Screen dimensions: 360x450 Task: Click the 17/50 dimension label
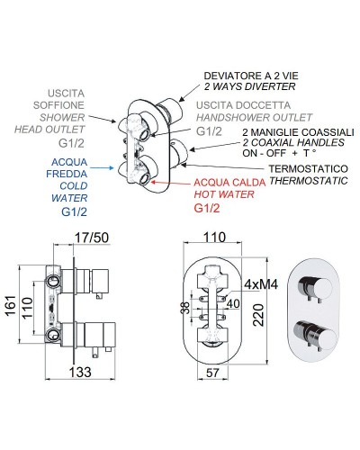[x=92, y=238]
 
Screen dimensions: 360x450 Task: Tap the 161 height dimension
[x=11, y=305]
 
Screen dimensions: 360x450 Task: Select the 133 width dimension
[x=80, y=373]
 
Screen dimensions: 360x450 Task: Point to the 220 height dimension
[x=258, y=315]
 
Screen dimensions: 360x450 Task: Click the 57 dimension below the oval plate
[x=212, y=373]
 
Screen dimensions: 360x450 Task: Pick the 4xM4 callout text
[x=261, y=284]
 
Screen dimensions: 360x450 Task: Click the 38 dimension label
[x=186, y=308]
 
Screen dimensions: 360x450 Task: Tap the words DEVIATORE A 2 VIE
[x=251, y=76]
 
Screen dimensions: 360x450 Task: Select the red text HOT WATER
[x=224, y=194]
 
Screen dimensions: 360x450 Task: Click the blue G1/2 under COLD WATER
[x=74, y=212]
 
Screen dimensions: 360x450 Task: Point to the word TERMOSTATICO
[x=308, y=169]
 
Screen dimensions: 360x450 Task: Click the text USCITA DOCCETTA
[x=243, y=105]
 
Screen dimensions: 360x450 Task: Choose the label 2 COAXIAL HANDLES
[x=293, y=142]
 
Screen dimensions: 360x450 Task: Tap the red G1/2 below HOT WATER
[x=207, y=208]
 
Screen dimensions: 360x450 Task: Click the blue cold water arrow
[x=102, y=168]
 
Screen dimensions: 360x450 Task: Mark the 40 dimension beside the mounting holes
[x=233, y=303]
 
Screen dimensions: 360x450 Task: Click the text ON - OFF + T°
[x=279, y=153]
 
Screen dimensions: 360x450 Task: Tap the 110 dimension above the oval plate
[x=215, y=238]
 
